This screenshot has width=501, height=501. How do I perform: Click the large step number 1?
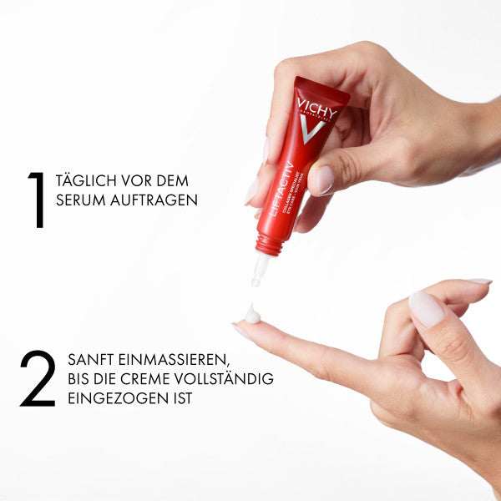[x=36, y=200]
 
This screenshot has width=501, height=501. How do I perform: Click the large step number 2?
[x=38, y=378]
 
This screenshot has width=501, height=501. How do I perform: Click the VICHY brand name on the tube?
[x=316, y=106]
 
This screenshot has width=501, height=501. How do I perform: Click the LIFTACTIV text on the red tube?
[x=278, y=189]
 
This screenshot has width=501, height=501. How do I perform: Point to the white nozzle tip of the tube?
[x=259, y=271]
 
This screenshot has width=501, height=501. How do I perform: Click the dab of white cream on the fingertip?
[x=250, y=314]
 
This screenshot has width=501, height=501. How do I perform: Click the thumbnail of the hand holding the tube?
[x=321, y=180]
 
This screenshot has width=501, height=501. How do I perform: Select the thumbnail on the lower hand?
[x=426, y=309]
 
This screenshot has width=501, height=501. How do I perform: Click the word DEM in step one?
[x=173, y=181]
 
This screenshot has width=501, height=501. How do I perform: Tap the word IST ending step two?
[x=181, y=398]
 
